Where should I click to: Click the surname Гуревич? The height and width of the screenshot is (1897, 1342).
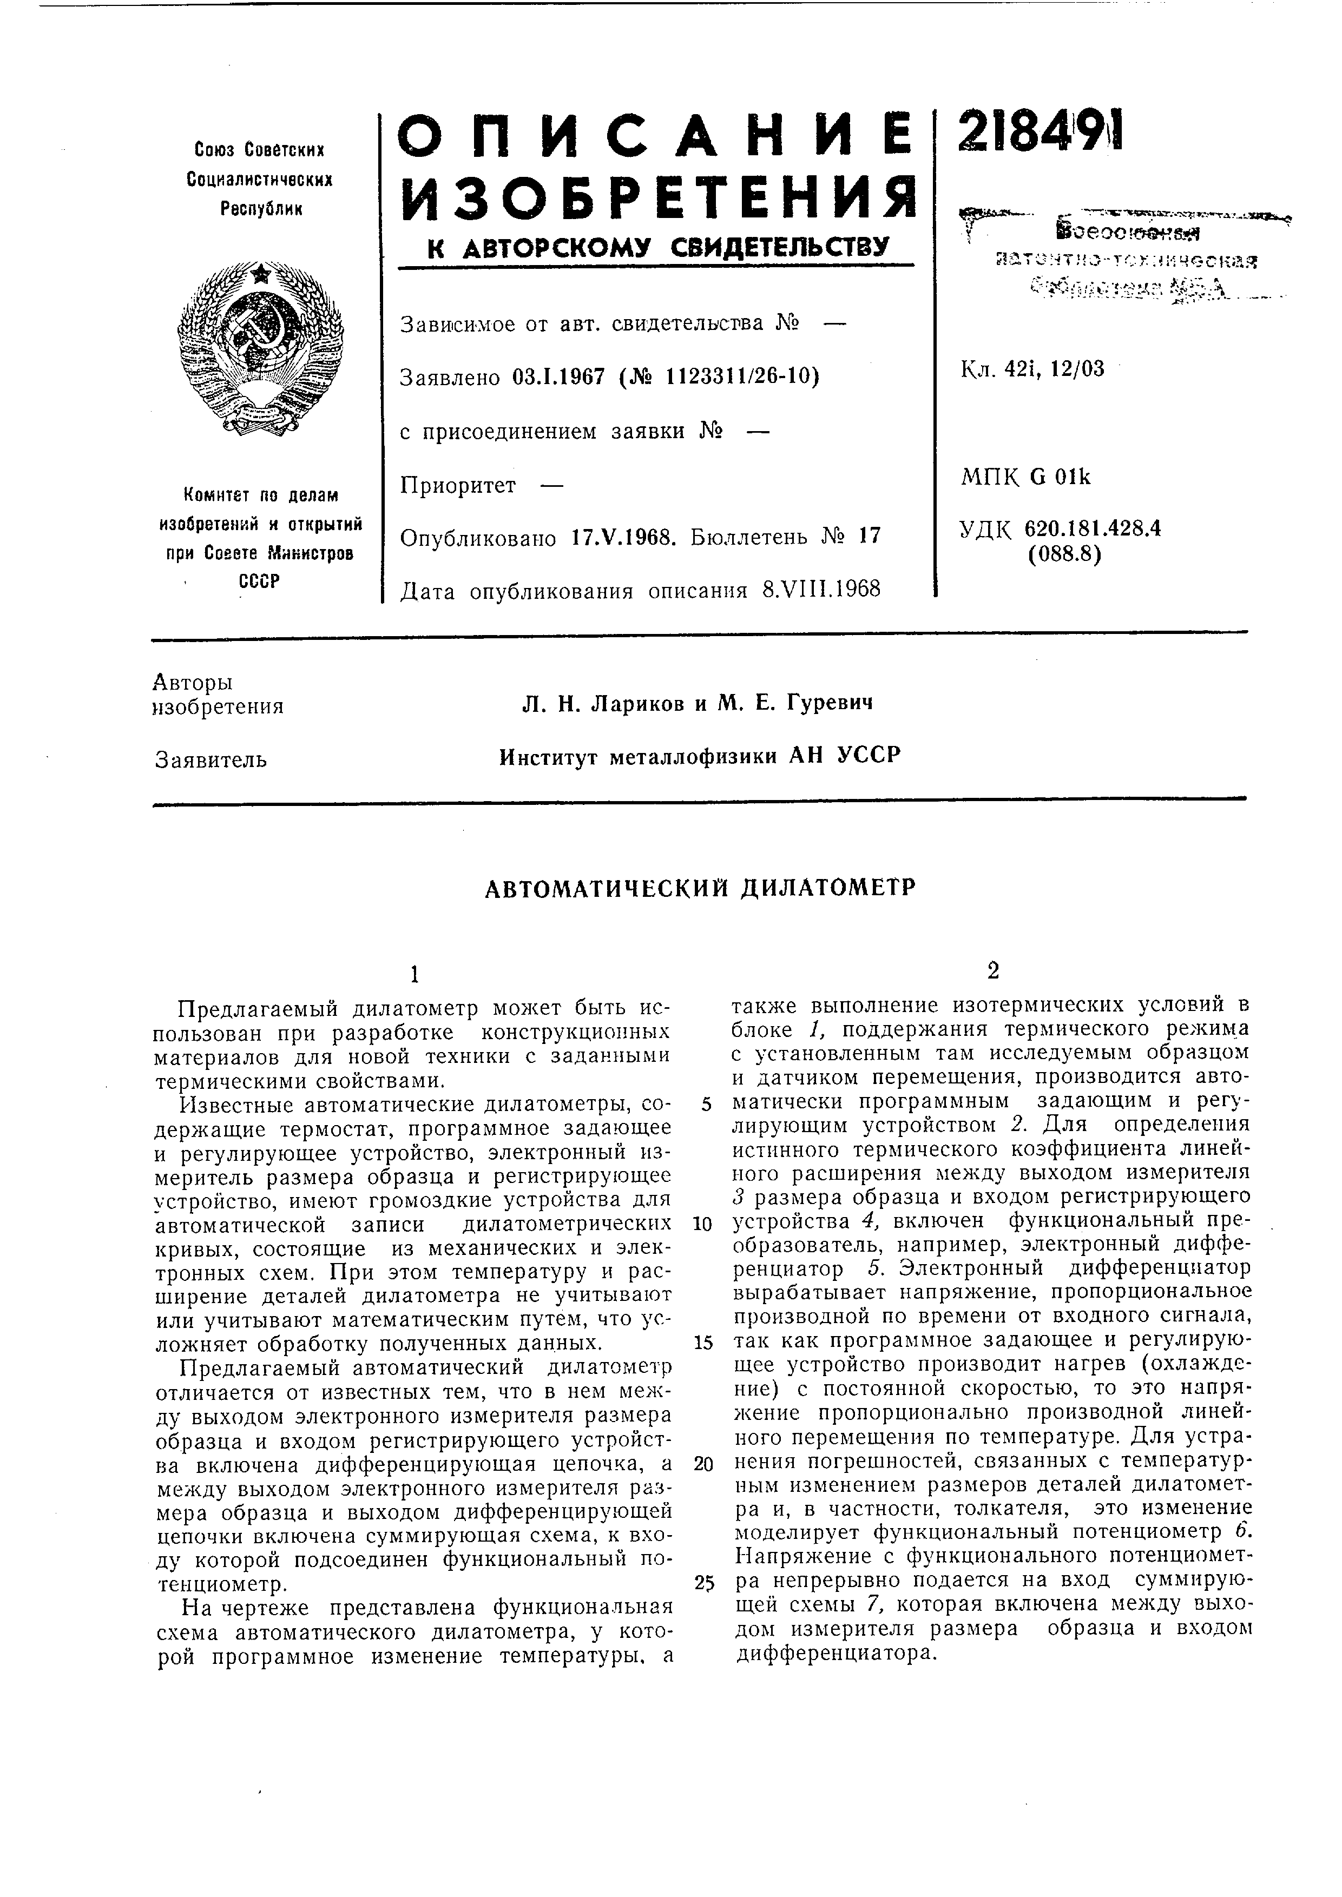coord(829,703)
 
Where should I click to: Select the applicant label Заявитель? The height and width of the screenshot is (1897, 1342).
coord(210,758)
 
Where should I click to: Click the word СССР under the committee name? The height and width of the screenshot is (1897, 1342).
coord(259,581)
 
